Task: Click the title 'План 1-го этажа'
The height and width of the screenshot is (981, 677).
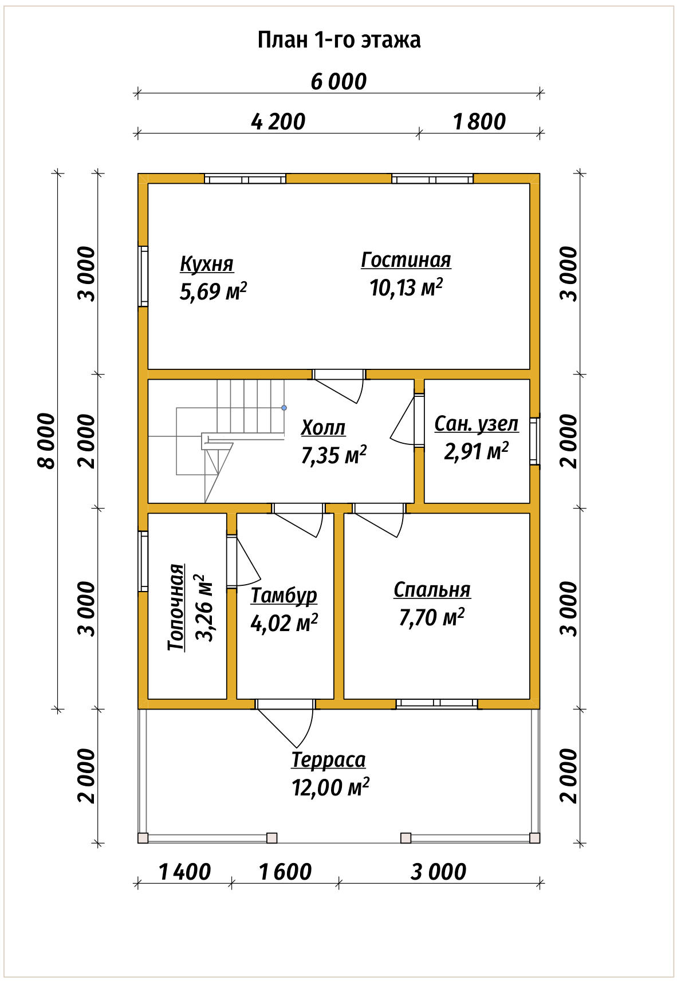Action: click(338, 40)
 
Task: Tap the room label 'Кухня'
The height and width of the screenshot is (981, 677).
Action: click(207, 263)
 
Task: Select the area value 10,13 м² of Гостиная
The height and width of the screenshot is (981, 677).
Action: click(407, 287)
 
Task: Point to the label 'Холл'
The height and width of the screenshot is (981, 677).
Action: click(323, 427)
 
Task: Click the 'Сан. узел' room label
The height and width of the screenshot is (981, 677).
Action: click(477, 423)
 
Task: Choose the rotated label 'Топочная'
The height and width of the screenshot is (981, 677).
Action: click(176, 608)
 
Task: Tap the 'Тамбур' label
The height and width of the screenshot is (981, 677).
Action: click(284, 595)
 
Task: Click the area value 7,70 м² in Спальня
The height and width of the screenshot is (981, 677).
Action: click(432, 617)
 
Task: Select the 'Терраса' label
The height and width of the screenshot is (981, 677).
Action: click(328, 760)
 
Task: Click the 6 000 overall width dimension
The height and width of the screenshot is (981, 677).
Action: click(338, 82)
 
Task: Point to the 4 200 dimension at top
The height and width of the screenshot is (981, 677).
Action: click(278, 121)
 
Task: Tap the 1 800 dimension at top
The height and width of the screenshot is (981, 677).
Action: click(479, 121)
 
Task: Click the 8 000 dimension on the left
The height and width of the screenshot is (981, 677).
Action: click(46, 441)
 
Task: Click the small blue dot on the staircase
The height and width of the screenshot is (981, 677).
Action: click(284, 408)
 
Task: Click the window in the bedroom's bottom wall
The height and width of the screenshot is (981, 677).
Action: click(437, 703)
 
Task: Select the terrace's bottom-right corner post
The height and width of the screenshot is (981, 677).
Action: click(535, 838)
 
